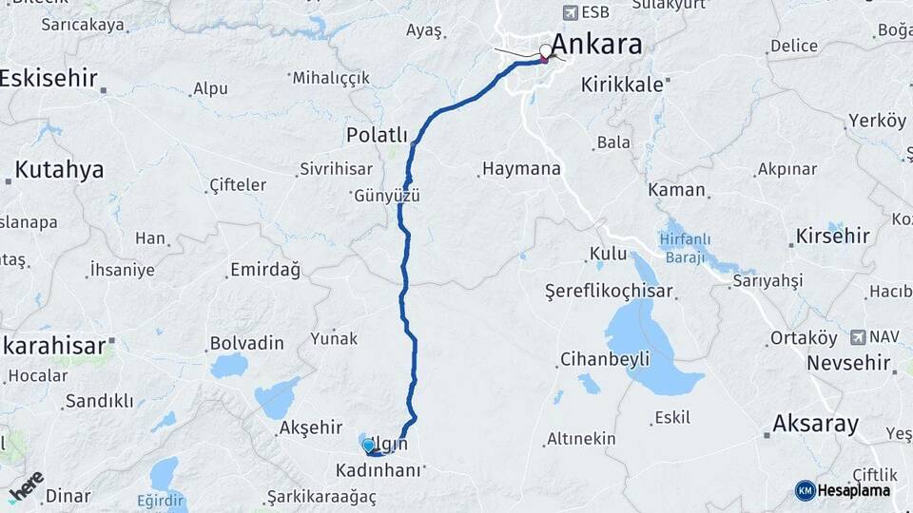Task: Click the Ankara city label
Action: [596, 45]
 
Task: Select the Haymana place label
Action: [521, 170]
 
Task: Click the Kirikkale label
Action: [622, 85]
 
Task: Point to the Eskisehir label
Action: [49, 78]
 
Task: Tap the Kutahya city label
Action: [59, 170]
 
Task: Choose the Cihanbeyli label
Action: [605, 359]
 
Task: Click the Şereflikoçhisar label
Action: [609, 292]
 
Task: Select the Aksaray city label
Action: [816, 424]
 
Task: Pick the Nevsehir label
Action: [848, 363]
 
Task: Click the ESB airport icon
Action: [571, 12]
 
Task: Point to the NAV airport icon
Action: [860, 337]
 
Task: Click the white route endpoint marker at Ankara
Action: [546, 51]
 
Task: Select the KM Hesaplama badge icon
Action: [805, 490]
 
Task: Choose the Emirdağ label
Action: [265, 271]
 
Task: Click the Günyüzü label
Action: [387, 197]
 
